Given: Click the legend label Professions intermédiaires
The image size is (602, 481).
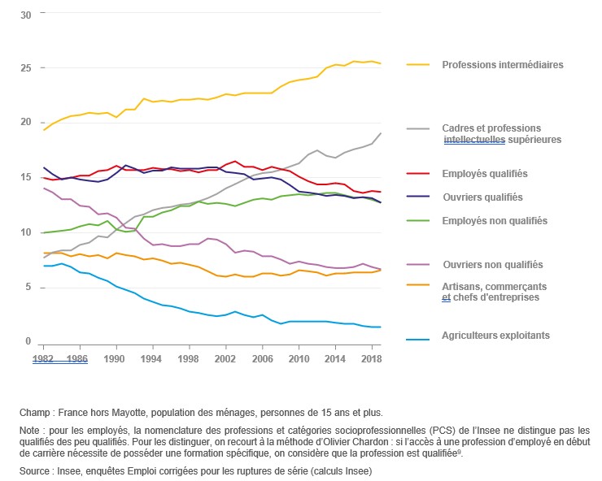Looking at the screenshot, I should point(502,64).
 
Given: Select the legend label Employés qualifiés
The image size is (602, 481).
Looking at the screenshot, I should point(484,173).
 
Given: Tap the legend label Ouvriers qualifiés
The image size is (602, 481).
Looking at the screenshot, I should point(482,197).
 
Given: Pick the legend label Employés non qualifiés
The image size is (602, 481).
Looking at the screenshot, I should point(494,220).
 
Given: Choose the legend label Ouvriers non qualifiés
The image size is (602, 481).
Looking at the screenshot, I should point(492,265).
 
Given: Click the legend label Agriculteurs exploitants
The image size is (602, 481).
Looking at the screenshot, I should point(495,335).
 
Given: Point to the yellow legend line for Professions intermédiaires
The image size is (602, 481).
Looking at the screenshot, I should point(417,64).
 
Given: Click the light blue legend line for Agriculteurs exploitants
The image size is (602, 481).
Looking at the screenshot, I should point(417,335).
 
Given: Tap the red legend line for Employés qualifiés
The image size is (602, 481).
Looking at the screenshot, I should point(417,173).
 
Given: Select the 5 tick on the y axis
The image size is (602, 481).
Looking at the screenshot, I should point(28,287).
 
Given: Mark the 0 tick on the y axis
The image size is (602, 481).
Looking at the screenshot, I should point(28,341).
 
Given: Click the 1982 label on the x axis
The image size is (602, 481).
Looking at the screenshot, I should point(44,357).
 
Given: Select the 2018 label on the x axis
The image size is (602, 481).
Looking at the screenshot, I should point(370,357).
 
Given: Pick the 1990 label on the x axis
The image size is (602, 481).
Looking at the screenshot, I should point(115,357).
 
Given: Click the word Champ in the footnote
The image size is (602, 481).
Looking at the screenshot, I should point(33,413).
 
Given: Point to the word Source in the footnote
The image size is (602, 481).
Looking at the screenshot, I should point(35,470).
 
